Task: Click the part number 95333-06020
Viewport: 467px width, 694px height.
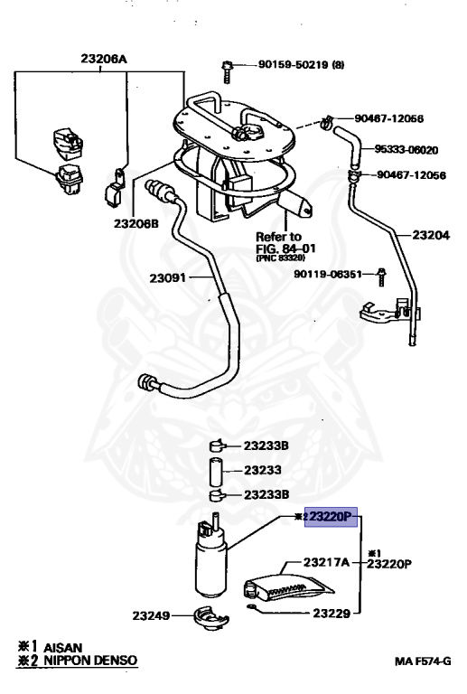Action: tap(407, 149)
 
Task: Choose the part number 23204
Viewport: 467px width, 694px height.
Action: tap(431, 233)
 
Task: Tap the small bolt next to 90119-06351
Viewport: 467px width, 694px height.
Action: tap(382, 274)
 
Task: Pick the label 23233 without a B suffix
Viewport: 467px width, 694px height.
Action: tap(262, 470)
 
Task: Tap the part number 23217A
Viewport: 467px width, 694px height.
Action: tap(326, 562)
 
